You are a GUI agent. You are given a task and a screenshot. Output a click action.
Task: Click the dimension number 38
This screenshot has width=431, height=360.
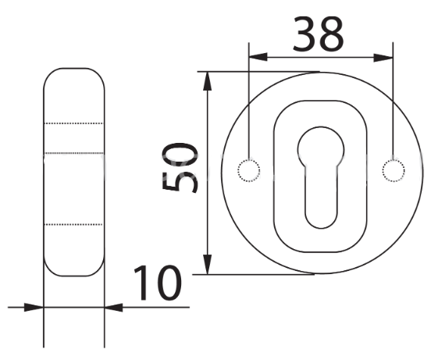319,34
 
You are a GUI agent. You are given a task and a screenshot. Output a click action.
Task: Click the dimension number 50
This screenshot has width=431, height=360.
180,168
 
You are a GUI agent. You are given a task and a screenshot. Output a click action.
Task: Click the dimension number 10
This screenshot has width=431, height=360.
158,283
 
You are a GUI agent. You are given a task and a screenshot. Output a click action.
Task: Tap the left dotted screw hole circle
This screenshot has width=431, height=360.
249,170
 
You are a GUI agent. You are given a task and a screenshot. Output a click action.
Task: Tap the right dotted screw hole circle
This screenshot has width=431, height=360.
394,170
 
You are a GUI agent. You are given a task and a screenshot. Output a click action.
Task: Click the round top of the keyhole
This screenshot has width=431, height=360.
321,127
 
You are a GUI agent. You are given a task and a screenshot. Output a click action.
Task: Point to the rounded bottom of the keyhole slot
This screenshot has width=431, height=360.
321,228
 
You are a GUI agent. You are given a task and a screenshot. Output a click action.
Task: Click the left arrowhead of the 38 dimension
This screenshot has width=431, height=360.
258,57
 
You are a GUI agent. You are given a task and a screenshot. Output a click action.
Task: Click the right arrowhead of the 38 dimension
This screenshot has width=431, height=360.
383,58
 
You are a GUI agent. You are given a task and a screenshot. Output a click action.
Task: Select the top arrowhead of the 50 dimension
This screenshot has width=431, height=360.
208,80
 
